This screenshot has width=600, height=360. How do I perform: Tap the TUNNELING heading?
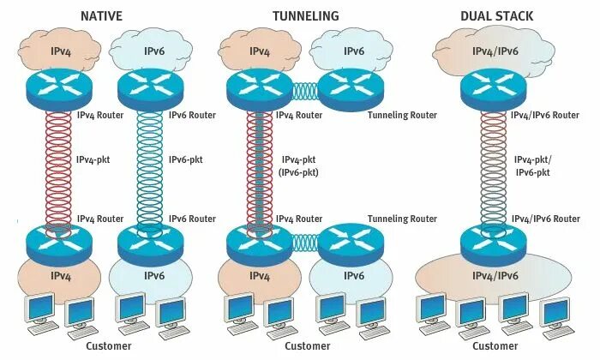[x=305, y=15]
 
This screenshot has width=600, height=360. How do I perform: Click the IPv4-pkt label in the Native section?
[x=93, y=160]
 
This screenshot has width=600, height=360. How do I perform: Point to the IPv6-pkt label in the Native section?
[x=185, y=160]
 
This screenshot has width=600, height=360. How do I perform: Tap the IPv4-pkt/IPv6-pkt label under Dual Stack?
[x=531, y=166]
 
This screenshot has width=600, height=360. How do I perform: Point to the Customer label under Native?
[x=109, y=346]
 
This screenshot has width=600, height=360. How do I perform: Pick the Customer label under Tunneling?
[x=306, y=346]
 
